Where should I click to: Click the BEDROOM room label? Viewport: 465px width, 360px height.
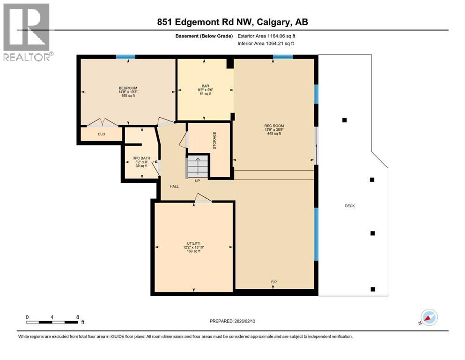point(128,88)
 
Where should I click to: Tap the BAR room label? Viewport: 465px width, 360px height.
point(205,86)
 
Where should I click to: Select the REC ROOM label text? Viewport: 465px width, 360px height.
point(274,126)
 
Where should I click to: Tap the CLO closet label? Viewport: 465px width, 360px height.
point(101,134)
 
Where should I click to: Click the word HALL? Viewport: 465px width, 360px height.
point(174,186)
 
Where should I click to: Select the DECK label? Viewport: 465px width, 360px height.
point(350,206)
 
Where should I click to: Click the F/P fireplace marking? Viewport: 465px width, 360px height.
point(274,282)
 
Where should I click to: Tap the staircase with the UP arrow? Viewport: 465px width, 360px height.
point(197,167)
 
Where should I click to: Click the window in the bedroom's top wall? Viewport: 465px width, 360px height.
point(125,57)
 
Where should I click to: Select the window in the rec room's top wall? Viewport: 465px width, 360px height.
point(283,57)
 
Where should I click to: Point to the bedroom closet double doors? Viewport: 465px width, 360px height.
point(103,123)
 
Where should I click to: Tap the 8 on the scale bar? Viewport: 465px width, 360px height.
point(77,317)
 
